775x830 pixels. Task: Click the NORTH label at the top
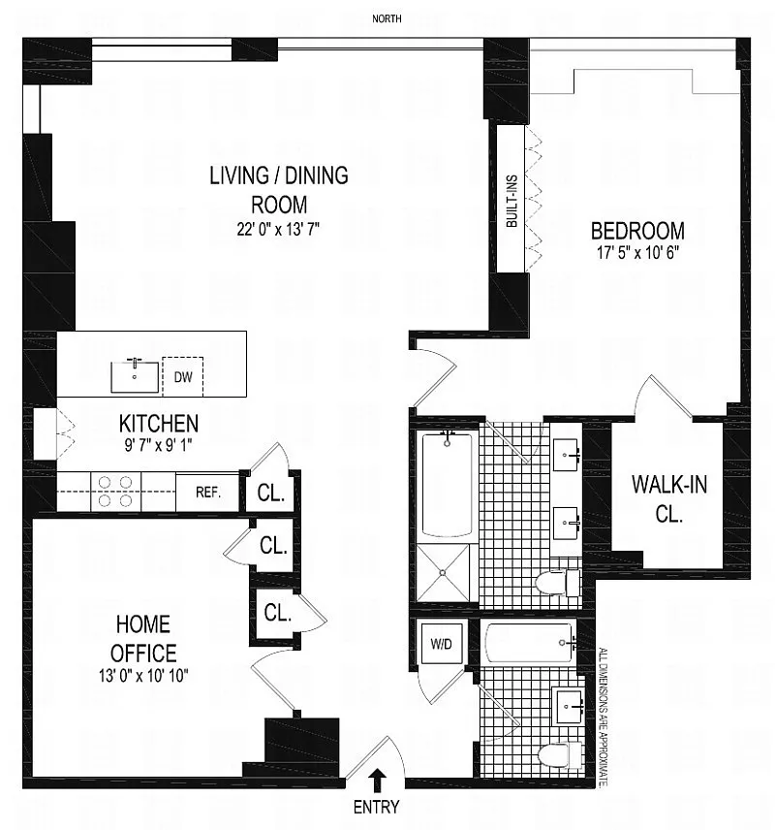coord(387,19)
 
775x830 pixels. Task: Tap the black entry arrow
coord(378,781)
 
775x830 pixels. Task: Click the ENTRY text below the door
coord(376,808)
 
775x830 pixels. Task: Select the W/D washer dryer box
coord(441,644)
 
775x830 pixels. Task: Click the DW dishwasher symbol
coord(182,377)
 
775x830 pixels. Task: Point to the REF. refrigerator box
coord(208,493)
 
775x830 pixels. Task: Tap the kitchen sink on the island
coord(135,376)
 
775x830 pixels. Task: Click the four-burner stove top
coord(115,492)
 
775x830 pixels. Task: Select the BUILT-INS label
coord(511,201)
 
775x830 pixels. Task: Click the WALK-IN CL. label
coord(669,498)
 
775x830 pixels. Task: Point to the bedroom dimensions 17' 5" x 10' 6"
coord(638,252)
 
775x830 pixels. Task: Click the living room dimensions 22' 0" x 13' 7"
coord(278,229)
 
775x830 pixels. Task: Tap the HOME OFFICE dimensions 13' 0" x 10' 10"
coord(143,676)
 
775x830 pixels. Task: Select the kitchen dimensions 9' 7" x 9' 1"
coord(158,445)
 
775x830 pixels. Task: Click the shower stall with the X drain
coord(443,572)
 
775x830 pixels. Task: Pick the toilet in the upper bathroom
coord(558,584)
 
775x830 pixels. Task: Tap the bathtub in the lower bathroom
coord(529,642)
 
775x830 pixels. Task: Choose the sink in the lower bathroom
coord(567,706)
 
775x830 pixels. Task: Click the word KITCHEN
coord(159,424)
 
